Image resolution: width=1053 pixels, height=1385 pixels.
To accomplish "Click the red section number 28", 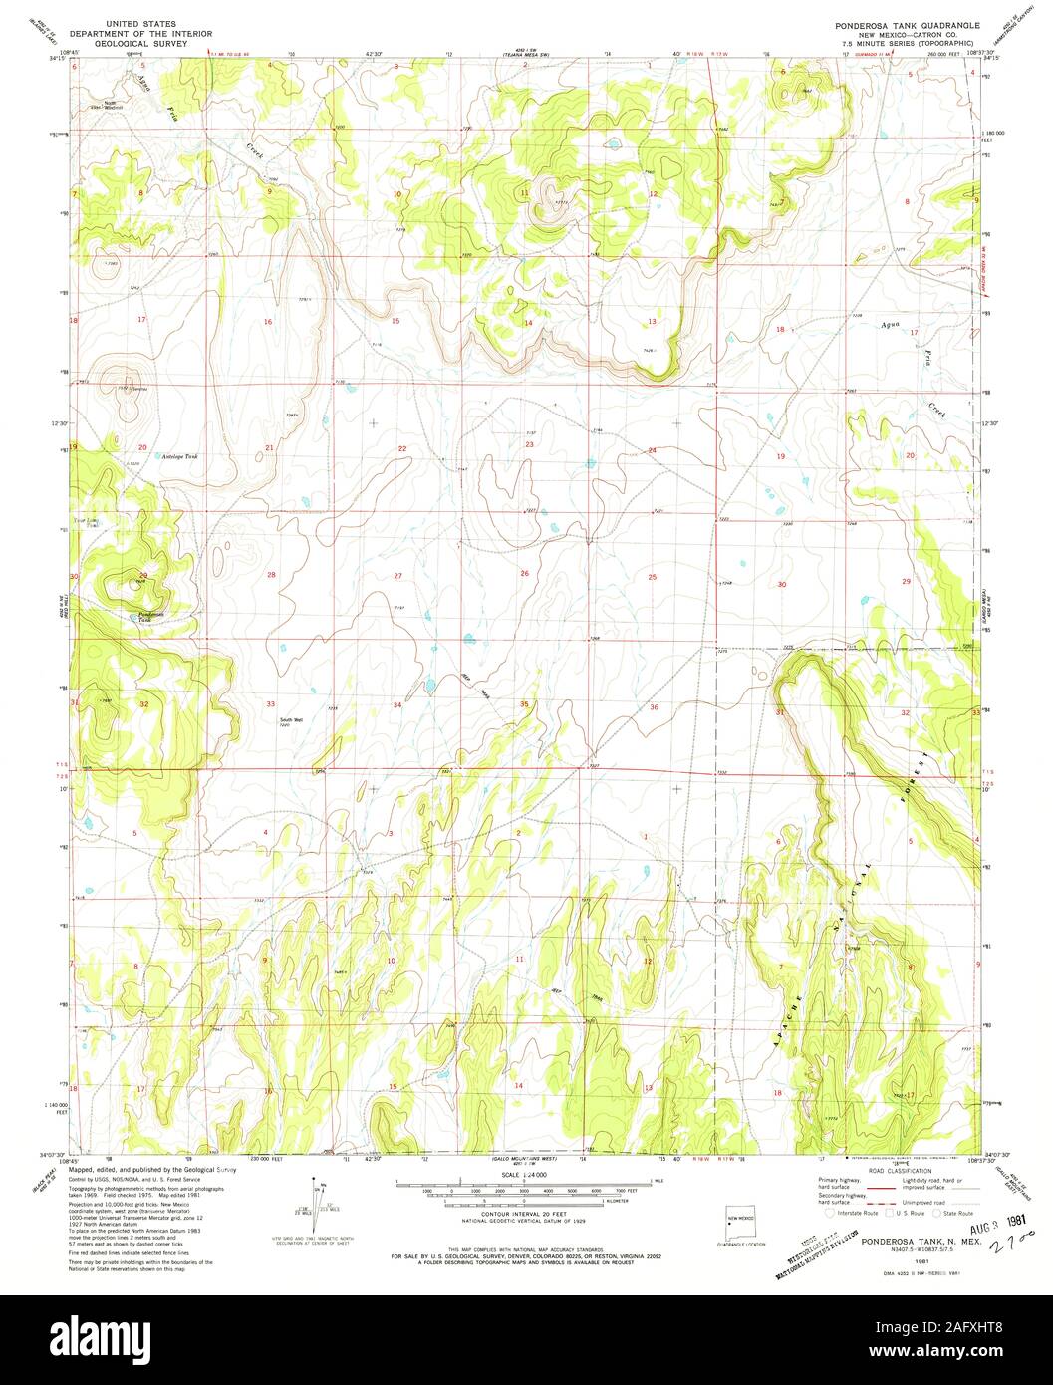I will (x=270, y=575).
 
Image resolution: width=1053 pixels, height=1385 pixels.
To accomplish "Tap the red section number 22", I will (x=402, y=449).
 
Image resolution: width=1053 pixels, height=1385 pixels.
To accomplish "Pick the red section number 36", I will (x=654, y=707).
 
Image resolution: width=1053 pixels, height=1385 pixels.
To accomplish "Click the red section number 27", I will (x=397, y=576).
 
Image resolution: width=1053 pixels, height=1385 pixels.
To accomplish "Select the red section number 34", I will (x=397, y=705).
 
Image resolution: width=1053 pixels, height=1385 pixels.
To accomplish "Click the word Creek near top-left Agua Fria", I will (x=257, y=153).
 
